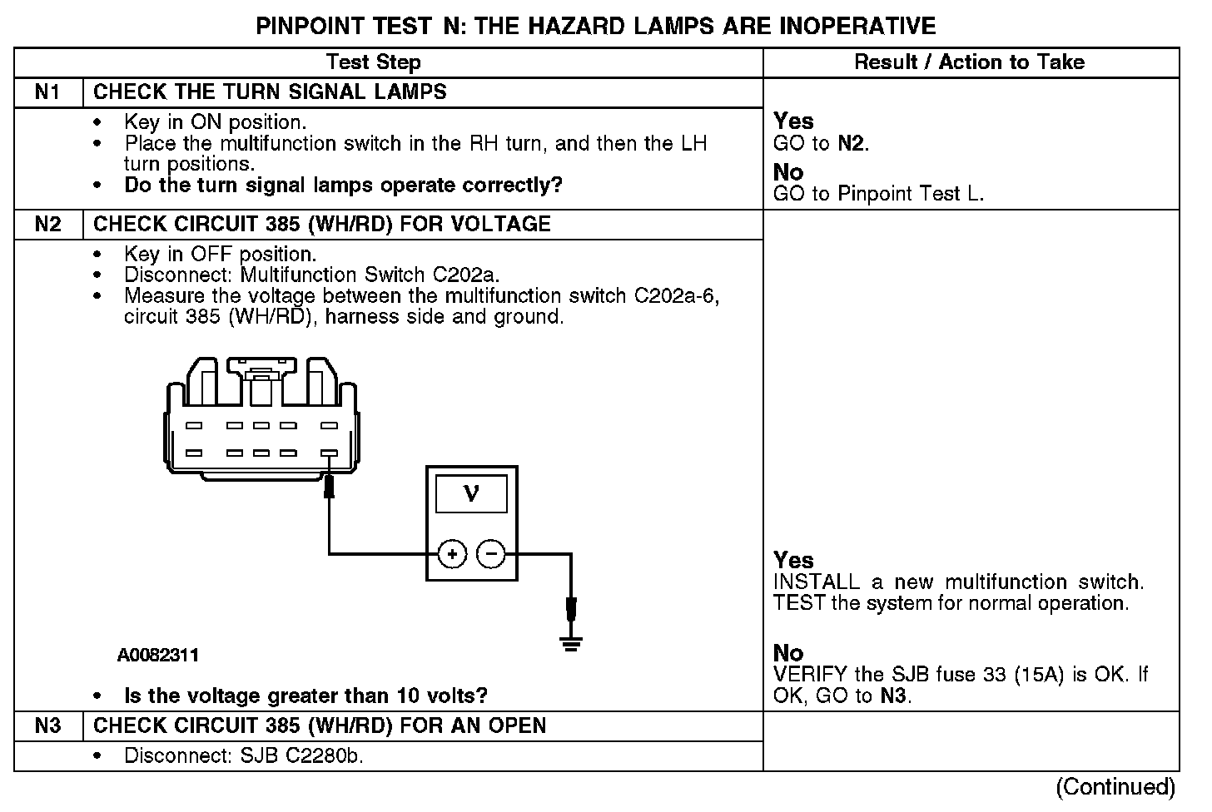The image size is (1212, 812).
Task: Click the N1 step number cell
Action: (48, 92)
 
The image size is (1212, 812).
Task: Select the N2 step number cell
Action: (48, 225)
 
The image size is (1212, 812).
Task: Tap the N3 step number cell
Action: (48, 726)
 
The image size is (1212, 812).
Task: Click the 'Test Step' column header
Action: (374, 62)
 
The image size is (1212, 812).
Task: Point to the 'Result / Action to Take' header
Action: (970, 62)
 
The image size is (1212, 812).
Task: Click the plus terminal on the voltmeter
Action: (452, 553)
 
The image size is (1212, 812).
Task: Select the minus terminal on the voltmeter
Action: (491, 553)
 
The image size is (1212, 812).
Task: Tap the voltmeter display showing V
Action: (471, 494)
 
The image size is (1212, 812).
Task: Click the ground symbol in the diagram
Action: (571, 641)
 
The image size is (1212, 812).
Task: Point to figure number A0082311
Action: (158, 656)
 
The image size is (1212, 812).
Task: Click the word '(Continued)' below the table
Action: (1115, 787)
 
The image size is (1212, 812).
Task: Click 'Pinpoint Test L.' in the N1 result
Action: (911, 195)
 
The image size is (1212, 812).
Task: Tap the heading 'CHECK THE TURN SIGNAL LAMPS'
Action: (270, 92)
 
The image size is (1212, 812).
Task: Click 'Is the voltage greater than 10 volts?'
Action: (305, 696)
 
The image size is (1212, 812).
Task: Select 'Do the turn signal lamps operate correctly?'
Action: (343, 186)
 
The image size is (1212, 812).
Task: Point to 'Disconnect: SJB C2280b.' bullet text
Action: (244, 756)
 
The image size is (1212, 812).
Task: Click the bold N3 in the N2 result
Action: (894, 696)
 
